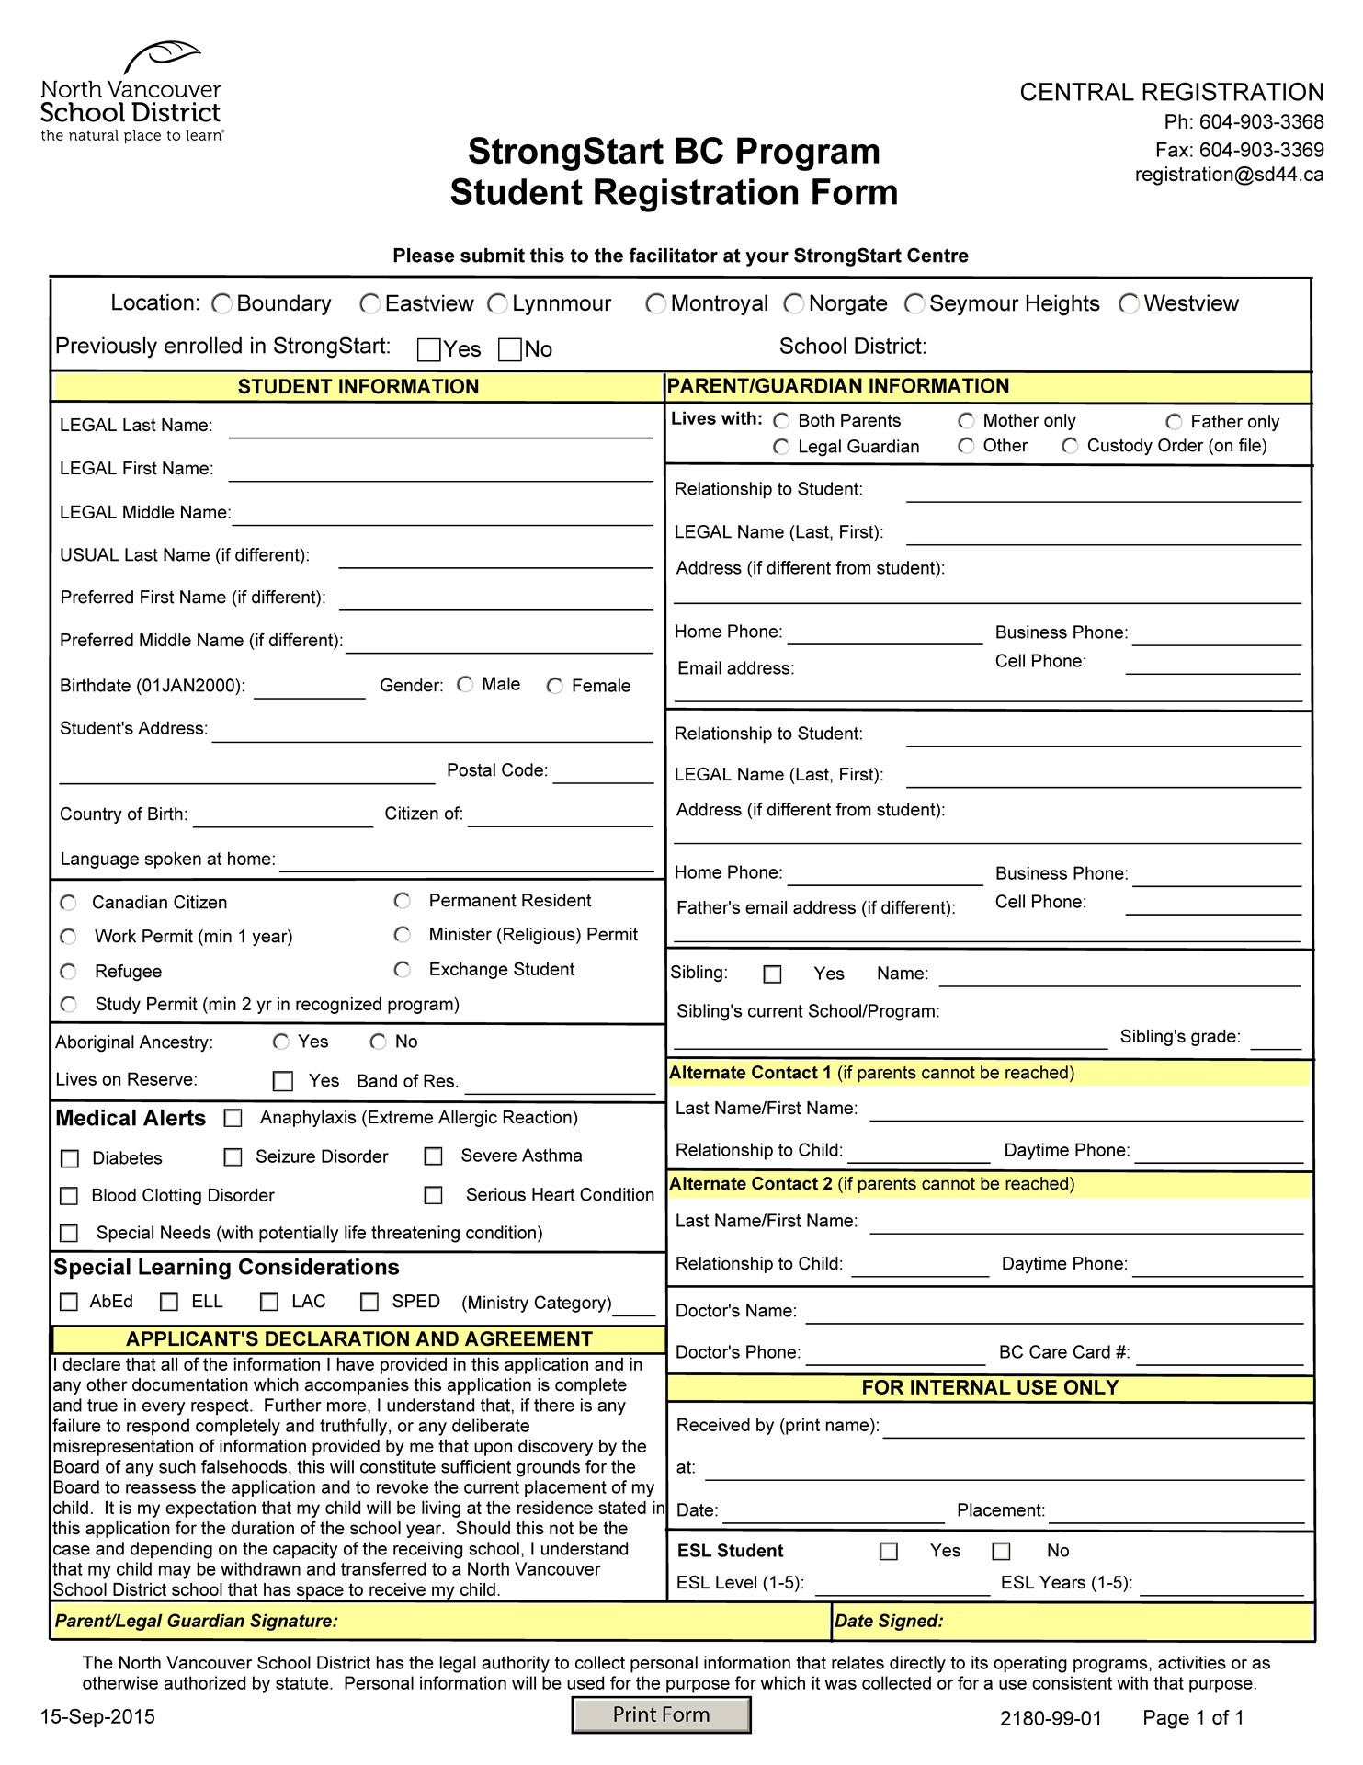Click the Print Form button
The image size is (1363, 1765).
[x=661, y=1714]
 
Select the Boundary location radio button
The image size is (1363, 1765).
[x=221, y=303]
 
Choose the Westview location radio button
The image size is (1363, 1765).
[x=1129, y=303]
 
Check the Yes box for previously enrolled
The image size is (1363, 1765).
[x=428, y=349]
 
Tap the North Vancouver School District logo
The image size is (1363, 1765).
[x=131, y=92]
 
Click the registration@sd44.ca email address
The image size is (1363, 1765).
[x=1229, y=175]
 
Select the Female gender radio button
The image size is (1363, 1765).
[x=554, y=686]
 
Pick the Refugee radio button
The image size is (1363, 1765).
[x=68, y=972]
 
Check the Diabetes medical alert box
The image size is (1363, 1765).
[x=69, y=1158]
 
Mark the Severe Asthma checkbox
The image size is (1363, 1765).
[x=433, y=1156]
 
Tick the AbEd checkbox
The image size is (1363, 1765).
[x=69, y=1302]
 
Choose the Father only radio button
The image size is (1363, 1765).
[x=1174, y=422]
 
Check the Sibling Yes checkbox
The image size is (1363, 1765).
[x=773, y=974]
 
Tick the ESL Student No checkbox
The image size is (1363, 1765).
[x=1001, y=1552]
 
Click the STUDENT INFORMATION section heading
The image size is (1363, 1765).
[x=358, y=387]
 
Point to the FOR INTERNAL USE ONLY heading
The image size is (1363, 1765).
[x=990, y=1388]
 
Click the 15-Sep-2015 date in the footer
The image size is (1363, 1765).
[x=97, y=1717]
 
